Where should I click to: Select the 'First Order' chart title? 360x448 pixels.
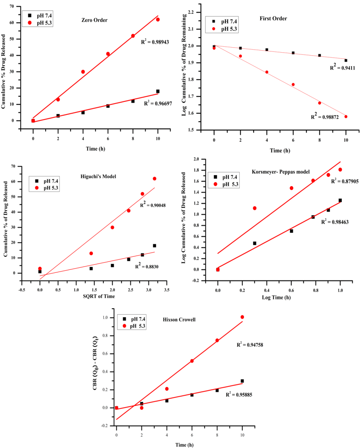pos(273,19)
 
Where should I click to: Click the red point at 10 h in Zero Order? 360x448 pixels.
pos(158,19)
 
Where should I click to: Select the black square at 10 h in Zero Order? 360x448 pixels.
pos(158,91)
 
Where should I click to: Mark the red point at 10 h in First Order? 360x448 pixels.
pos(346,117)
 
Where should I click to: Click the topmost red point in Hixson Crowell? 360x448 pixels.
pos(242,317)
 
